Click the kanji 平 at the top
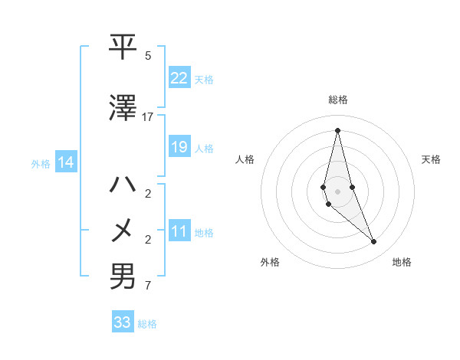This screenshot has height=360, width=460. [x=123, y=47]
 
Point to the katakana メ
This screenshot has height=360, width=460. [x=123, y=231]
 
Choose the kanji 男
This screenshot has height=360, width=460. [x=123, y=277]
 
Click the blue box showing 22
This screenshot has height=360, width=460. [x=179, y=77]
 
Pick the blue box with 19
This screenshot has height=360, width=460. [x=179, y=147]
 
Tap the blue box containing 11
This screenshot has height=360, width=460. [x=179, y=232]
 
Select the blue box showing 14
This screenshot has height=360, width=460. [x=66, y=162]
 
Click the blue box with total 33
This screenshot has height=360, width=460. [x=123, y=322]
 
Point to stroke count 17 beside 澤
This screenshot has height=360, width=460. [x=148, y=117]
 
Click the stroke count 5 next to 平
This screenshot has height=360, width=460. [x=148, y=56]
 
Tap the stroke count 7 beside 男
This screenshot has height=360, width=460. [x=148, y=286]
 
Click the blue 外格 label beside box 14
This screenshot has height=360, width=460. [x=41, y=163]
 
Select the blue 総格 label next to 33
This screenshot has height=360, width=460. [x=147, y=324]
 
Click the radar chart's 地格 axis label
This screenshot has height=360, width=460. [x=402, y=262]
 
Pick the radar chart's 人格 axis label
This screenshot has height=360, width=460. [x=245, y=159]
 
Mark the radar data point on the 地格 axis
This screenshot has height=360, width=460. [x=374, y=242]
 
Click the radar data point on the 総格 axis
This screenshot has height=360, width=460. [x=337, y=130]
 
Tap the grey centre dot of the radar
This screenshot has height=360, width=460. [x=337, y=191]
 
